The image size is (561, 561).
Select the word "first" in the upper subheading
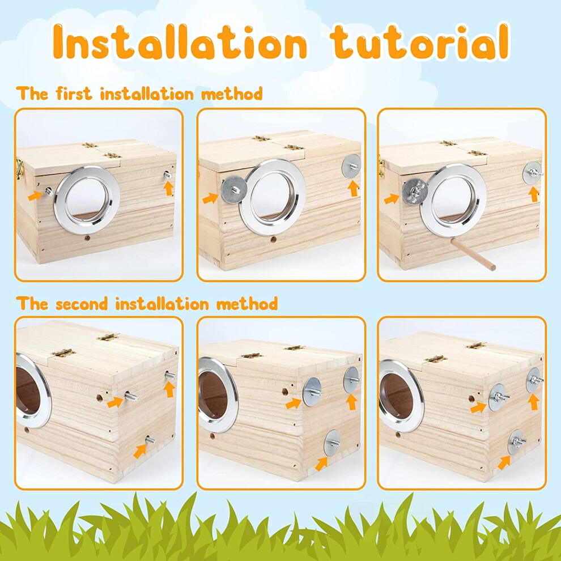click(x=74, y=93)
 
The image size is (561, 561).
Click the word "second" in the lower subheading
click(x=82, y=304)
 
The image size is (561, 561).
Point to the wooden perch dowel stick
click(x=473, y=254)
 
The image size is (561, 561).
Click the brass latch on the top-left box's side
click(x=19, y=168)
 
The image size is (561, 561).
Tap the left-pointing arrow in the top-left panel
click(x=36, y=195)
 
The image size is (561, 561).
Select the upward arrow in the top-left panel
click(x=168, y=188)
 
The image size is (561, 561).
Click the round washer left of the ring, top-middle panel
click(x=234, y=189)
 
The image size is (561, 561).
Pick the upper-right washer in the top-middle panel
click(x=351, y=165)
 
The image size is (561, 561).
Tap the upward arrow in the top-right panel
click(x=534, y=194)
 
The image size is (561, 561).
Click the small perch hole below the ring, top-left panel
click(x=87, y=237)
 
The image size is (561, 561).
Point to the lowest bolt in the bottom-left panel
click(x=150, y=440)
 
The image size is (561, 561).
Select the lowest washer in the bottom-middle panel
click(x=332, y=443)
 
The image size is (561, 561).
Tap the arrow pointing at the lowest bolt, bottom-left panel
click(x=141, y=451)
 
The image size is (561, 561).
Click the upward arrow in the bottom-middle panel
click(x=352, y=402)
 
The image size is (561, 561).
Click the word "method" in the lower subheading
click(x=247, y=304)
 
